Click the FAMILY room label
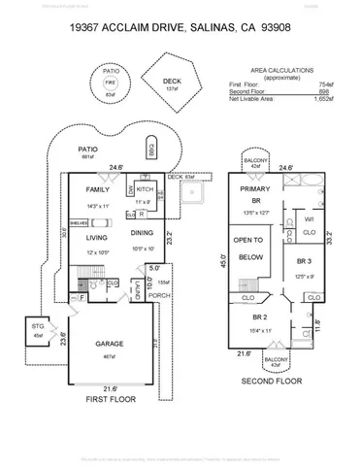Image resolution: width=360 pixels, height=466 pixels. coord(98,190)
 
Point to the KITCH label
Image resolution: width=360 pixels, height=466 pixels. coord(145,188)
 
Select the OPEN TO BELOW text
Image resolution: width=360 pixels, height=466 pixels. coord(251,250)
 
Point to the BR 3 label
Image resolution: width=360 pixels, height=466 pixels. coord(303,262)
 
